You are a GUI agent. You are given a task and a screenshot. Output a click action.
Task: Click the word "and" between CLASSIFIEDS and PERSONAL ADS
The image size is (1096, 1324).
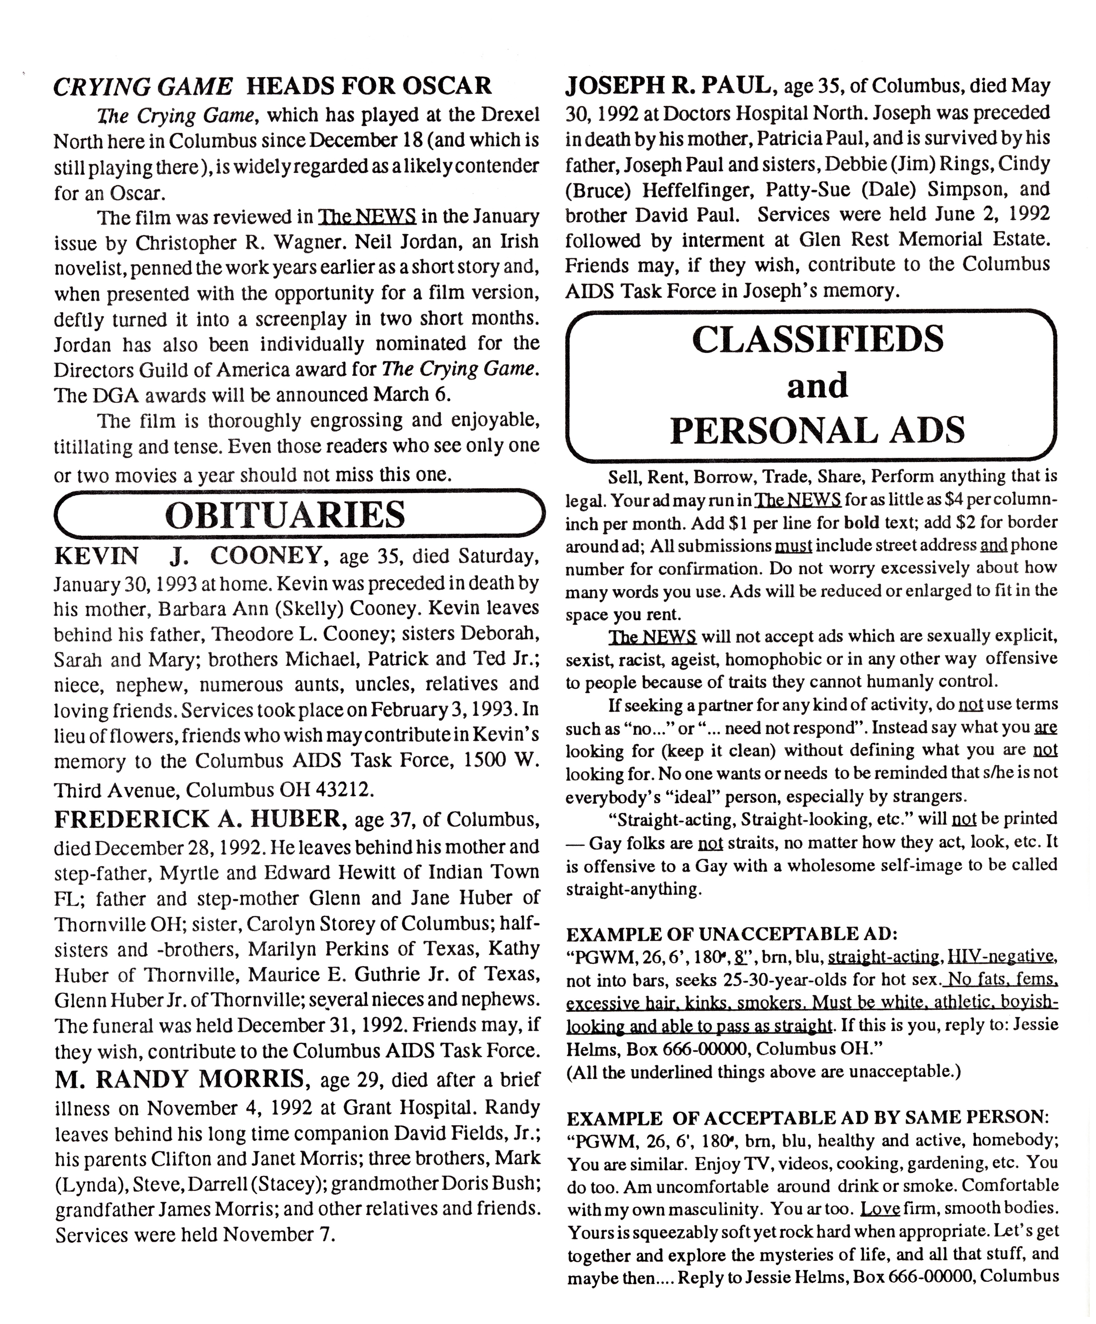(x=817, y=385)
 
